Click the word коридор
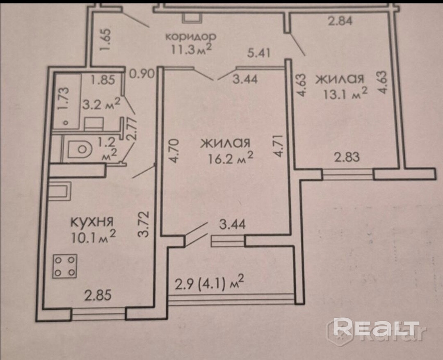pyautogui.click(x=190, y=36)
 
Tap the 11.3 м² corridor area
pyautogui.click(x=192, y=50)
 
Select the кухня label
pyautogui.click(x=91, y=223)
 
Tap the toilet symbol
pyautogui.click(x=79, y=149)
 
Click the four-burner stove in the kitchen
pyautogui.click(x=65, y=266)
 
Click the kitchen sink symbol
pyautogui.click(x=60, y=191)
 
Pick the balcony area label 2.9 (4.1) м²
pyautogui.click(x=210, y=283)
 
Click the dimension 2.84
pyautogui.click(x=340, y=21)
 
